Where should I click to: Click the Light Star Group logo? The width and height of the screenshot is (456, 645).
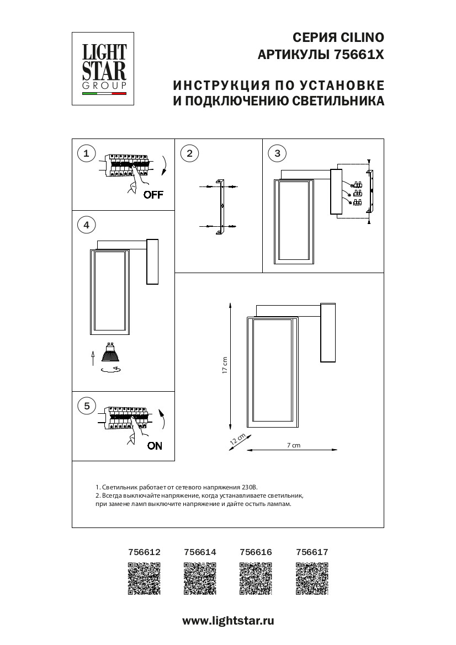pos(104,68)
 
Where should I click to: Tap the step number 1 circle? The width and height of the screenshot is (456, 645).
pos(86,153)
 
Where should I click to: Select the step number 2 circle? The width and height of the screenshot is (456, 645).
pos(190,153)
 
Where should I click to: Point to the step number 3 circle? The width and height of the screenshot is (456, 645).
pos(277,153)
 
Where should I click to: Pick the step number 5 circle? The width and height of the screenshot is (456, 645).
pos(86,406)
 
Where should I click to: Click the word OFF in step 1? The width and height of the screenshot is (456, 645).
pos(153,195)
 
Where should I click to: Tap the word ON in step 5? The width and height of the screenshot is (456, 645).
pos(155,446)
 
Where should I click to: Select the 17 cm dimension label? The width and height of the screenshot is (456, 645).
pos(225,365)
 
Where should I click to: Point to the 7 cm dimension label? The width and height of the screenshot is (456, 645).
pos(293,445)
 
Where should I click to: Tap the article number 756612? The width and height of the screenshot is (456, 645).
pos(144,551)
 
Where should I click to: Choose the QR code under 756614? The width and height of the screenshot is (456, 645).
pos(199,578)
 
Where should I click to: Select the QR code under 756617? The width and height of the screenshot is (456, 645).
pos(312,578)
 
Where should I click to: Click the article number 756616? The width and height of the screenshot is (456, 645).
pos(256,551)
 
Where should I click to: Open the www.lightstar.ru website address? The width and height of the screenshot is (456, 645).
pos(228,620)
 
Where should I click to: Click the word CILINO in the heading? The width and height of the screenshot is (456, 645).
pos(359,38)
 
